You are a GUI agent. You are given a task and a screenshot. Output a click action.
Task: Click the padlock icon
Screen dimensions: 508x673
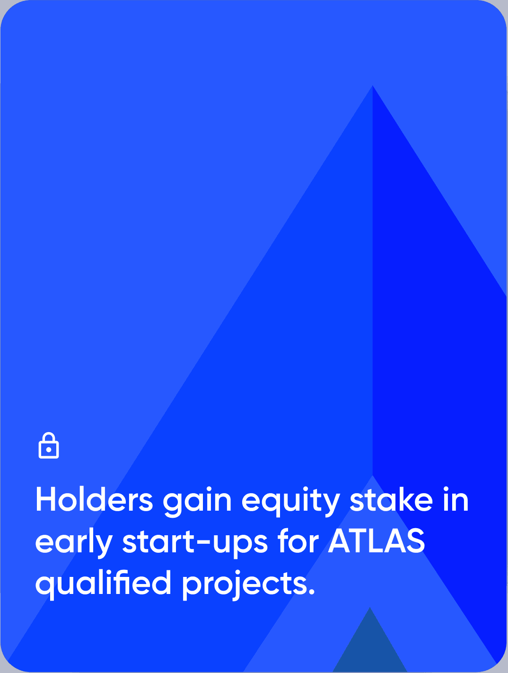tap(48, 445)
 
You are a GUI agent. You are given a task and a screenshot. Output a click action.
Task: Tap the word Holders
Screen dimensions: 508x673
tap(94, 499)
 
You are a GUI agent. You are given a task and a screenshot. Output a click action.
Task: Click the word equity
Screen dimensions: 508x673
tap(291, 502)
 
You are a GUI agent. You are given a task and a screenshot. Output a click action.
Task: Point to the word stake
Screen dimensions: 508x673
tap(391, 499)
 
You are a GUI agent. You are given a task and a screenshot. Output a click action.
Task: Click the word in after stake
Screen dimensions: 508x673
tap(456, 499)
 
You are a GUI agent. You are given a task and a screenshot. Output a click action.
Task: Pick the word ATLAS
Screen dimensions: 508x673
tap(377, 541)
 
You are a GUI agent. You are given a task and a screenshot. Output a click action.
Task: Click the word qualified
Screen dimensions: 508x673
tap(103, 585)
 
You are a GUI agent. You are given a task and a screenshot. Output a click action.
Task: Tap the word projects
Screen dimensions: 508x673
tap(244, 585)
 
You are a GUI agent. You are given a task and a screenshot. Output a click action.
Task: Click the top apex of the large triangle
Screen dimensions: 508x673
tap(373, 85)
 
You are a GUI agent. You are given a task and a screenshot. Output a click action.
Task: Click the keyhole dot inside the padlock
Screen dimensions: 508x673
tap(48, 450)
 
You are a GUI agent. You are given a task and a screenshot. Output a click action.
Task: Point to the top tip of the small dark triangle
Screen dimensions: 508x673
tap(370, 607)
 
